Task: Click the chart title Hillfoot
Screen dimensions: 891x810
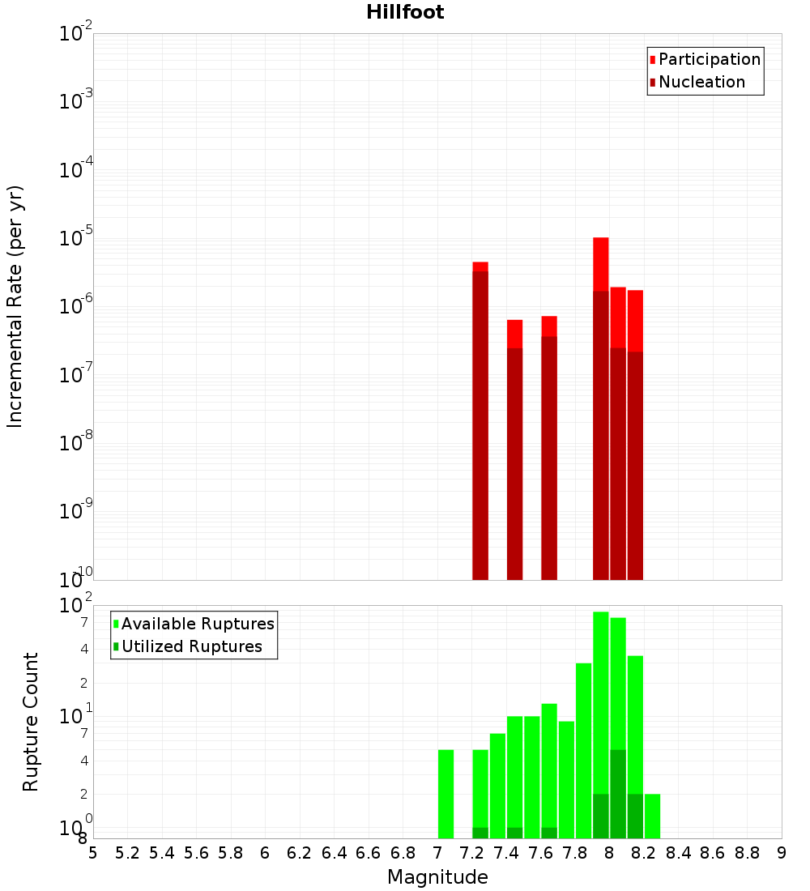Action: tap(405, 12)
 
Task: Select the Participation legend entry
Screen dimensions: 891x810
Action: tap(705, 60)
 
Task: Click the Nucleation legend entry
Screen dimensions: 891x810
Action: tap(697, 83)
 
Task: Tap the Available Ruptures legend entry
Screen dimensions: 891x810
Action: tap(193, 625)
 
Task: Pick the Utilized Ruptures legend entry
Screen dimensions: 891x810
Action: tap(186, 647)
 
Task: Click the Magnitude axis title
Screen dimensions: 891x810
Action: tap(437, 877)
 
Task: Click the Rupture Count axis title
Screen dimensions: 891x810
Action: tap(31, 721)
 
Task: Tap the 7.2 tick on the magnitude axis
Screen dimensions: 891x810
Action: tap(471, 853)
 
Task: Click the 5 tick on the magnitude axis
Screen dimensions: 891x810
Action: tap(93, 853)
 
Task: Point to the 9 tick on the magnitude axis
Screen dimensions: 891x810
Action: tap(782, 853)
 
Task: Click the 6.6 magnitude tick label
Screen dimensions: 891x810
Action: tap(369, 853)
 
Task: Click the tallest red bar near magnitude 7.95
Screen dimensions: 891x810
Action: tap(600, 263)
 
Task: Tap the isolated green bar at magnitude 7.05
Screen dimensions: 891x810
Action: tap(446, 794)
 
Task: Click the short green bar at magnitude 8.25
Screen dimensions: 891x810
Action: tap(652, 816)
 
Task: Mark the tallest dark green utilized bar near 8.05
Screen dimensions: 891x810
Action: tap(618, 794)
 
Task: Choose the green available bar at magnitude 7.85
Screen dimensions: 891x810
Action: tap(583, 749)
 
